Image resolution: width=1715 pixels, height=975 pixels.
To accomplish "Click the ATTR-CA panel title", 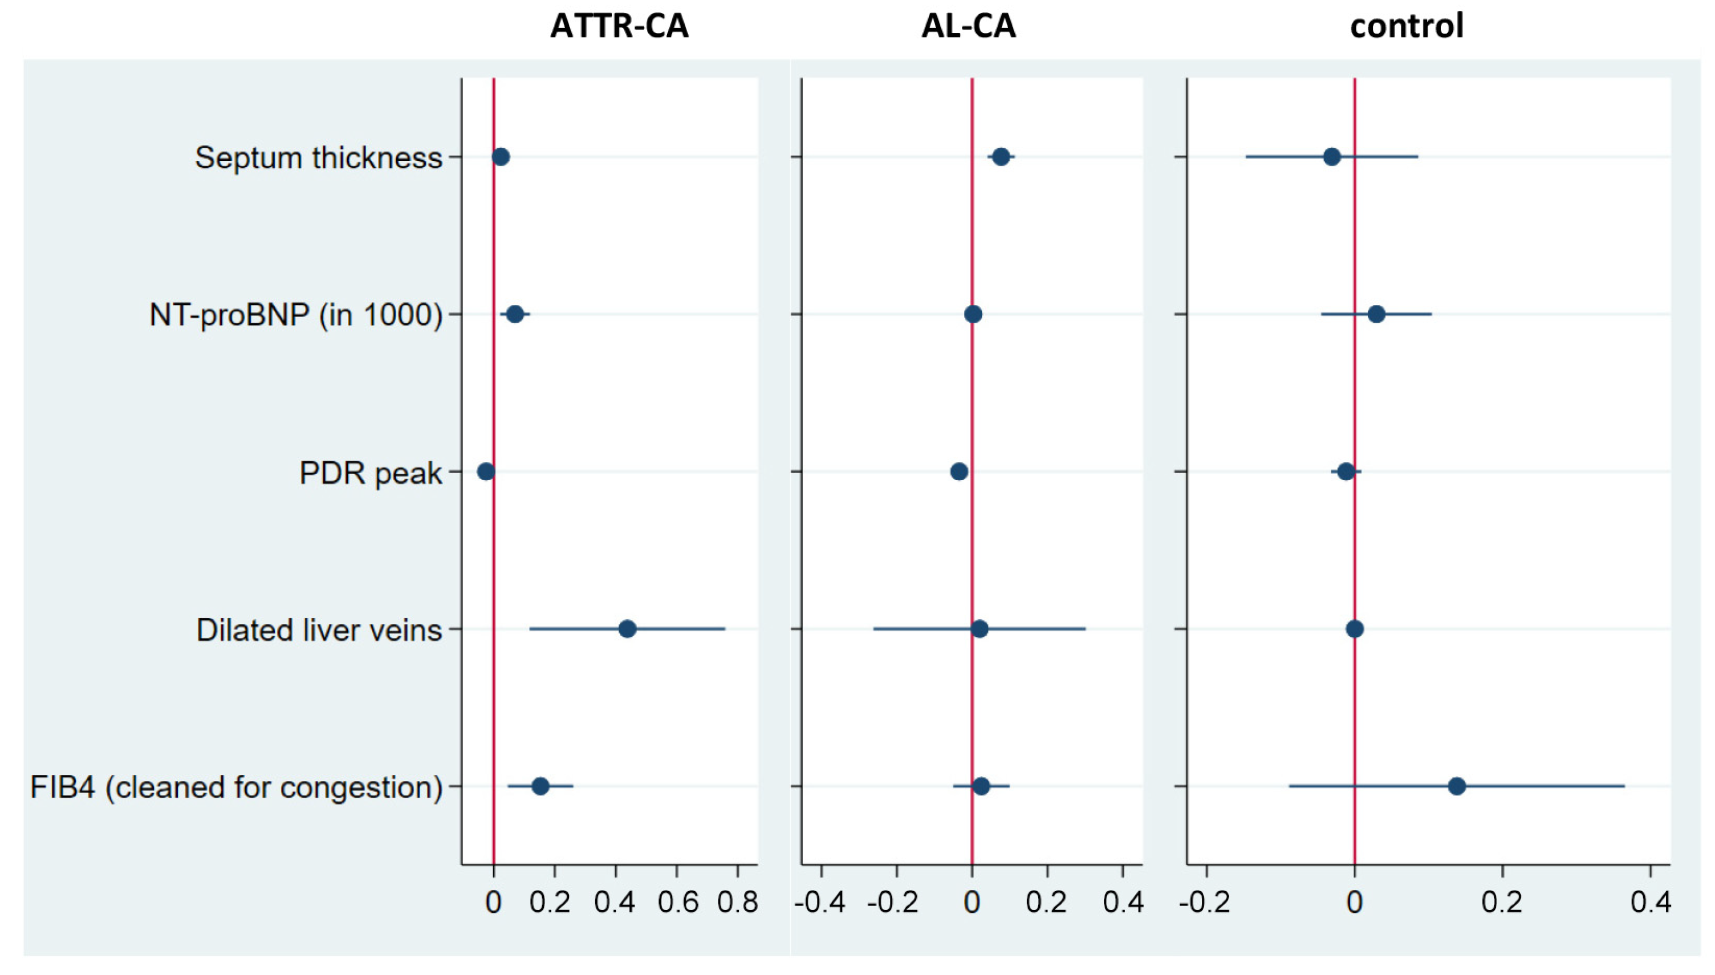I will [619, 27].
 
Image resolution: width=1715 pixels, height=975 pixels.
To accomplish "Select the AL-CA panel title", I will [969, 27].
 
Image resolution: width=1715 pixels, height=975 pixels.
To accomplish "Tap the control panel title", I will [1407, 27].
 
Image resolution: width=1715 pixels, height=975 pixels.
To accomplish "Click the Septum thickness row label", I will [319, 158].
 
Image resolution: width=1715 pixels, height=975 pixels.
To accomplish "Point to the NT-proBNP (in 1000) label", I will [296, 315].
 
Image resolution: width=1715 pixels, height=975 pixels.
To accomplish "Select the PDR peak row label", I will [370, 473].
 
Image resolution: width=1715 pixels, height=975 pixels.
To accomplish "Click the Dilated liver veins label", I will [319, 630].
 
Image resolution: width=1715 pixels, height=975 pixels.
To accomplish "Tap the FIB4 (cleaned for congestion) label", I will [236, 787].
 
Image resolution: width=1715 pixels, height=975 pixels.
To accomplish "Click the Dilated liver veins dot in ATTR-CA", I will [627, 629].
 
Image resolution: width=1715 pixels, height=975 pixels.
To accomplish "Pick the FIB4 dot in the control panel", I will [1457, 786].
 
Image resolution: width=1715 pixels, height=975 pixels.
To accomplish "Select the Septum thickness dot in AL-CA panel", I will [1001, 157].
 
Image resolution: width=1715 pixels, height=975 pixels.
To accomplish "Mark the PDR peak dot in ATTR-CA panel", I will [486, 472].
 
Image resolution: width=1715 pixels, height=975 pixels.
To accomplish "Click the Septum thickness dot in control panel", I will [1332, 157].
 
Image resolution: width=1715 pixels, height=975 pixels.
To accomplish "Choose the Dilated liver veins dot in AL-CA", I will [980, 629].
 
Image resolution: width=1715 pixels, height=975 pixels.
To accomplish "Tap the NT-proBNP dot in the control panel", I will [1376, 314].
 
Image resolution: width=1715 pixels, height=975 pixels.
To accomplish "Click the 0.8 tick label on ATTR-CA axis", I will [737, 903].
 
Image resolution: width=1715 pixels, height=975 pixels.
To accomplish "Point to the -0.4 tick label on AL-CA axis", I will [820, 903].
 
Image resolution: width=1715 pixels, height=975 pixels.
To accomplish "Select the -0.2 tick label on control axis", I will [1204, 903].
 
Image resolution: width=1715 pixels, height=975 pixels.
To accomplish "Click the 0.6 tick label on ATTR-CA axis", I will [677, 903].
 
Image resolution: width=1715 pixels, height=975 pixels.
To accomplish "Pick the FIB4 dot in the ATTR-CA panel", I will [540, 786].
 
